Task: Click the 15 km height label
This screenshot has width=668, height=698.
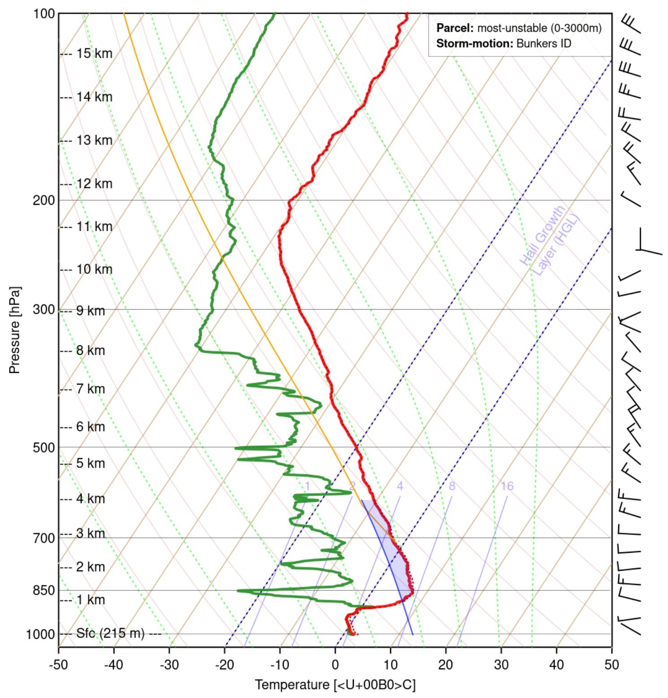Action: tap(94, 53)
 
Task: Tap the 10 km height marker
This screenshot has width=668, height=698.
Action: tap(94, 269)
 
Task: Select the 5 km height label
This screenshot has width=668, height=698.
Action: tap(91, 463)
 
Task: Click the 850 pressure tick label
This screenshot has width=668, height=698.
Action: tap(43, 590)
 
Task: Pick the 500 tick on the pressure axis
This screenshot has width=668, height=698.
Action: tap(43, 447)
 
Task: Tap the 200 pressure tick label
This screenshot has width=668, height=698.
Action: tap(43, 200)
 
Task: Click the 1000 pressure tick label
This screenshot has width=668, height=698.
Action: tap(40, 634)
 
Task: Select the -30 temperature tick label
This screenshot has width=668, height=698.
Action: tap(169, 664)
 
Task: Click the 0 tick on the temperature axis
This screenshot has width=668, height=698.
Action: tap(335, 664)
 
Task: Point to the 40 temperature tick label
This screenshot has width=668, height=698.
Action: tap(556, 664)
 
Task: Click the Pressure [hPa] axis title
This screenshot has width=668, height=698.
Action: tap(14, 330)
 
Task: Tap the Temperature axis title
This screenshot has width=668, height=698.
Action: tap(335, 685)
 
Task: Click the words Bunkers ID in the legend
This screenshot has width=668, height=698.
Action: tap(544, 43)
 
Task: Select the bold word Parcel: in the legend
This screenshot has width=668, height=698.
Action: tap(455, 28)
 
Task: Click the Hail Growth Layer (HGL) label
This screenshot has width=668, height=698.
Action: tap(549, 240)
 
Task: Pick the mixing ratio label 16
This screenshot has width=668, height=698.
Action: tap(507, 486)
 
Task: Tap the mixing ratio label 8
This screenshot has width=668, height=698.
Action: tap(452, 486)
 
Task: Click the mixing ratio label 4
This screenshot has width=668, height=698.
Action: tap(400, 486)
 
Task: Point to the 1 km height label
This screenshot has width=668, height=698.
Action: tap(91, 600)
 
